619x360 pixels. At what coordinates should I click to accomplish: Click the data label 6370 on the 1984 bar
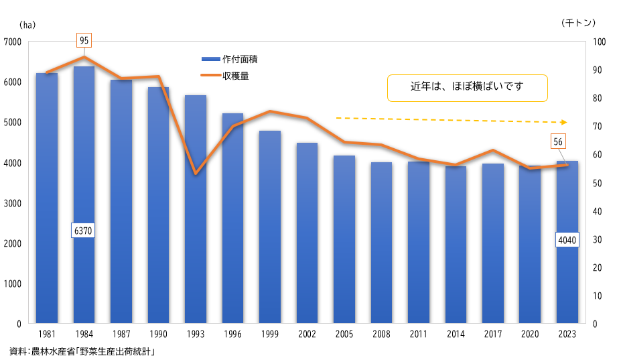click(x=84, y=231)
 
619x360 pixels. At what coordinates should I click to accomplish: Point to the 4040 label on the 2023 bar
click(x=567, y=240)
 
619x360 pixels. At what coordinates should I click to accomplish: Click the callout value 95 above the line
click(x=84, y=41)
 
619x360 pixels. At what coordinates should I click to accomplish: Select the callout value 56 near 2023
click(x=559, y=141)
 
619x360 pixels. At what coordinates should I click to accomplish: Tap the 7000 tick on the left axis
click(x=13, y=42)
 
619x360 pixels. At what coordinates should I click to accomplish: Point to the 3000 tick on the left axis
click(x=13, y=203)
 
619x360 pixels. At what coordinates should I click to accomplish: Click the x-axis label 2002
click(x=307, y=334)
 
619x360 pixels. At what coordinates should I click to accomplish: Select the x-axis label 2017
click(x=493, y=334)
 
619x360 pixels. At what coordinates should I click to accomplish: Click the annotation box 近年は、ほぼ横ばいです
click(x=467, y=87)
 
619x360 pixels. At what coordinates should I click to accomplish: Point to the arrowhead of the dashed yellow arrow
click(x=564, y=122)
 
